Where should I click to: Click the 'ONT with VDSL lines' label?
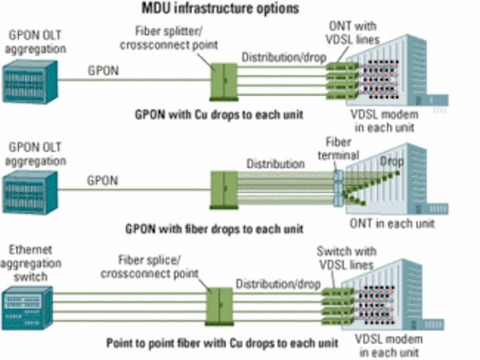click(x=353, y=32)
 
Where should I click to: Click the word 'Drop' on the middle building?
click(x=391, y=162)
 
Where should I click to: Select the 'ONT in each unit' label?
click(x=392, y=223)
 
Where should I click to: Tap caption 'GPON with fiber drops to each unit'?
click(x=214, y=229)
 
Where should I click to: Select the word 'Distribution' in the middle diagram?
click(x=275, y=164)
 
